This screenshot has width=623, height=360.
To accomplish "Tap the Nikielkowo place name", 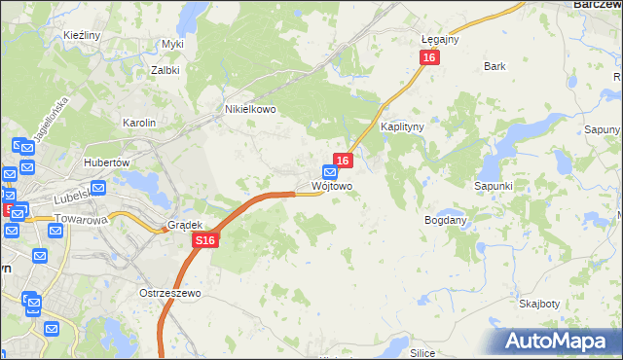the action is point(250,110).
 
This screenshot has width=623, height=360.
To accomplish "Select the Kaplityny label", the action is point(400,127).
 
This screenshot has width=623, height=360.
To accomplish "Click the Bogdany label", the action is point(446,221).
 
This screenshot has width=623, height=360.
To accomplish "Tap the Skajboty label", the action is point(538,304).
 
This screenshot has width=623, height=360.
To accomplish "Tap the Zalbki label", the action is point(165,70).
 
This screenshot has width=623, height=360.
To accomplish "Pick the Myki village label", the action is point(173,44).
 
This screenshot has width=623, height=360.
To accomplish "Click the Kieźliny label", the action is point(83,35).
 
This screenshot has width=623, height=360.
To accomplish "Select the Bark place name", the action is point(495,66).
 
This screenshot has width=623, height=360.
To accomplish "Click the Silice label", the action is point(421,353).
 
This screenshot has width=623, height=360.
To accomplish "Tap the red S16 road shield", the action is point(203,240).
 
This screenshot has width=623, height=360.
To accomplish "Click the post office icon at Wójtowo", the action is point(330,170).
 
